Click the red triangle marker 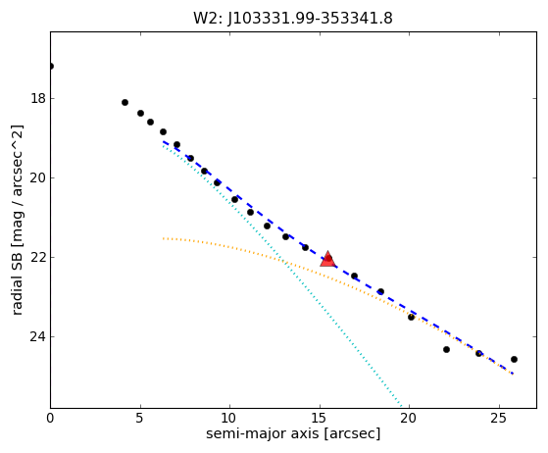click(x=327, y=259)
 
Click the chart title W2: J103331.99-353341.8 click(x=293, y=19)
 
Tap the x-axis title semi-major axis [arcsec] click(x=293, y=433)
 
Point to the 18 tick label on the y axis click(x=38, y=99)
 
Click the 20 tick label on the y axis click(x=38, y=177)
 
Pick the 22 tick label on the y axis click(x=38, y=257)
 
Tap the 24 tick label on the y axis click(x=38, y=336)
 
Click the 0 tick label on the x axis click(x=50, y=418)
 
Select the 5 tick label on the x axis click(x=140, y=418)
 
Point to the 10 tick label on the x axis click(x=229, y=418)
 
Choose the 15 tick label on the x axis click(x=320, y=418)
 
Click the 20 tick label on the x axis click(x=409, y=418)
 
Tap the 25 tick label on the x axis click(x=499, y=418)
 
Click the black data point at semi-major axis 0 click(x=51, y=66)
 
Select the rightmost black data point click(x=514, y=359)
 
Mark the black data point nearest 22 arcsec click(x=446, y=349)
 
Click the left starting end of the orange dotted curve click(x=163, y=238)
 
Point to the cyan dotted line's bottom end click(x=402, y=407)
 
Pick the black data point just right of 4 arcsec click(x=125, y=102)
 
